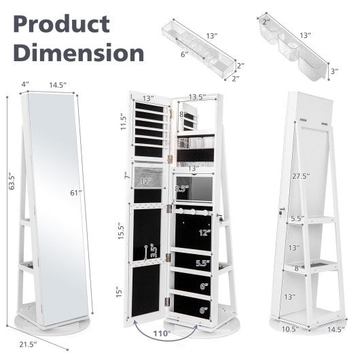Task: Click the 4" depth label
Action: pos(26,84)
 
